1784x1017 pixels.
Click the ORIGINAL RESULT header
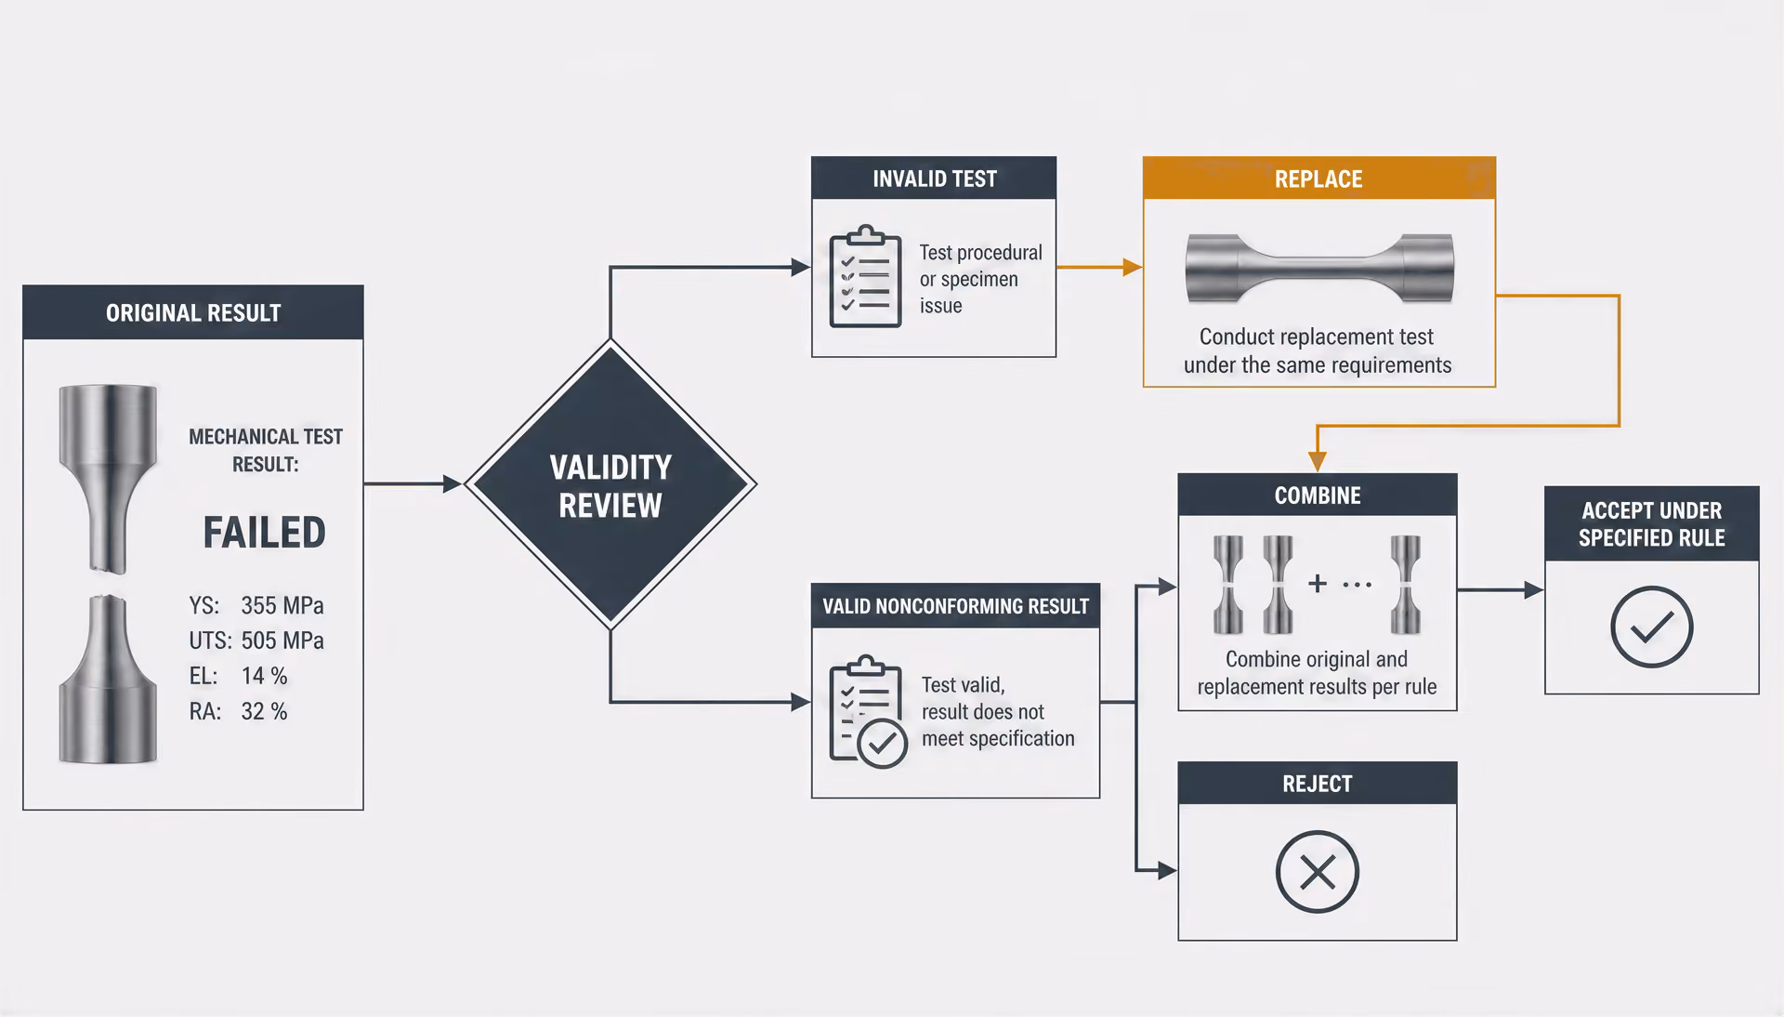(x=193, y=312)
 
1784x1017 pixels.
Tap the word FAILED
(x=265, y=533)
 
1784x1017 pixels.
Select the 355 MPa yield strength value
(x=282, y=606)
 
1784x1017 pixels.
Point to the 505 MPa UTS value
(x=282, y=641)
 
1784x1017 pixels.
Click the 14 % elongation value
(x=265, y=676)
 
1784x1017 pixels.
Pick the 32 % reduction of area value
(x=265, y=711)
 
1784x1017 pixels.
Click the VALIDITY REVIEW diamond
(x=610, y=484)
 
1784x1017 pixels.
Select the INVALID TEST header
(x=934, y=178)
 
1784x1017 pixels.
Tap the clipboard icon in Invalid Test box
(x=865, y=276)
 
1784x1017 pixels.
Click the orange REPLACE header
(x=1318, y=178)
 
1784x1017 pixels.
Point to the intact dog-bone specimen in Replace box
(x=1319, y=268)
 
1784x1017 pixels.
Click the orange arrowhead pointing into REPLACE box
(x=1133, y=268)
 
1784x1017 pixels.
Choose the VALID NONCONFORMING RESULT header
(x=955, y=606)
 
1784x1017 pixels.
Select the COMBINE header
(x=1318, y=495)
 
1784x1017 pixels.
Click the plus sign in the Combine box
(x=1318, y=583)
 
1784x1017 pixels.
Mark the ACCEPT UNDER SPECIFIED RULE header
(x=1651, y=523)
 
